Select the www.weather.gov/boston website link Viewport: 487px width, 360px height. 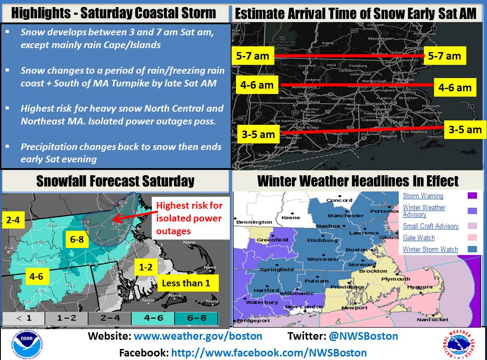click(x=198, y=336)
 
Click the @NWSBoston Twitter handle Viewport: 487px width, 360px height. click(x=363, y=336)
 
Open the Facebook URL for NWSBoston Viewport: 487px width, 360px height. click(x=269, y=352)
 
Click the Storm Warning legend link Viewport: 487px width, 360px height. click(x=423, y=196)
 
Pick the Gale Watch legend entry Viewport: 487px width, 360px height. click(x=419, y=238)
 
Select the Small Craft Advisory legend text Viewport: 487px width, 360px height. click(x=431, y=226)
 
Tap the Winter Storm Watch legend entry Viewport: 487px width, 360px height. click(x=430, y=249)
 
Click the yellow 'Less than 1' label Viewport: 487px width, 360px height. click(x=186, y=283)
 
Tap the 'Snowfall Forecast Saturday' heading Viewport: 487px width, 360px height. click(x=115, y=181)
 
